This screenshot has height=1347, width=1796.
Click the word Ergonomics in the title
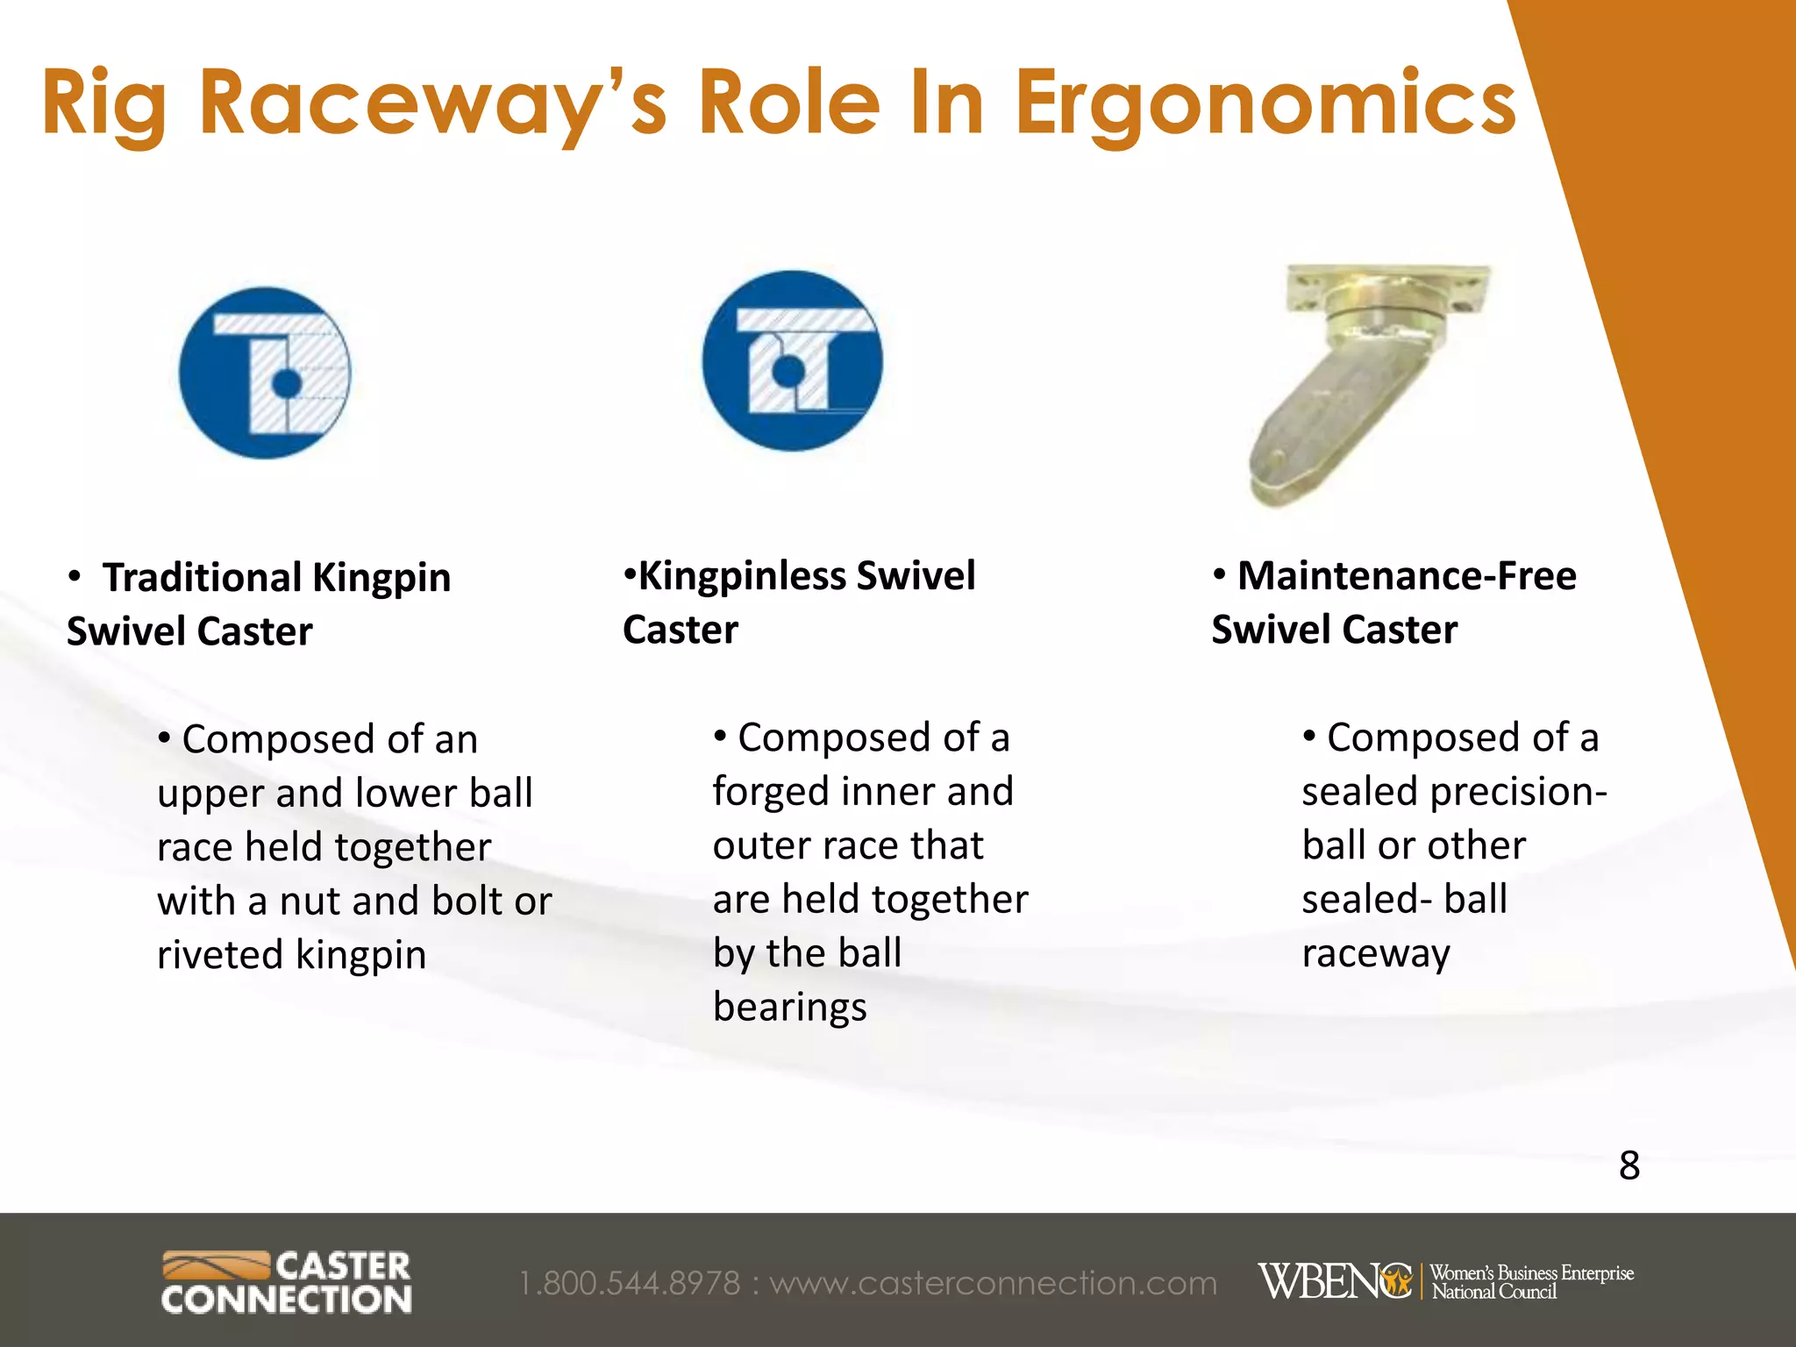(x=1265, y=105)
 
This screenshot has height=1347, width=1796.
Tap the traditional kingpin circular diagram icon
(x=265, y=373)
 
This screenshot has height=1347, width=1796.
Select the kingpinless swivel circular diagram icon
(x=792, y=361)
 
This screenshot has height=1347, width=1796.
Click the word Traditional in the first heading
(x=203, y=578)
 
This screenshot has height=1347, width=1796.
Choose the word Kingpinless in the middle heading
(x=741, y=576)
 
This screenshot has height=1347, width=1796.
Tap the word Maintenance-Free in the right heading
(x=1407, y=576)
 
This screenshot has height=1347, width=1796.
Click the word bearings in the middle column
(x=789, y=1008)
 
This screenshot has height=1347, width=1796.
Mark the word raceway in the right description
(x=1375, y=954)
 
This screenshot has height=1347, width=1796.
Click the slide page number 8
(x=1629, y=1165)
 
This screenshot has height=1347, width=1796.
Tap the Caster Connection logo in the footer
(x=287, y=1283)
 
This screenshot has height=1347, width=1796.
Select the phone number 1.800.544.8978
(x=630, y=1284)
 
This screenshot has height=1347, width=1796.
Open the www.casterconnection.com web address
(x=994, y=1284)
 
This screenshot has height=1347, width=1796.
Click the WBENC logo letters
(x=1334, y=1282)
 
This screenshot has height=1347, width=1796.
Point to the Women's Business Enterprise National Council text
(x=1531, y=1282)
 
